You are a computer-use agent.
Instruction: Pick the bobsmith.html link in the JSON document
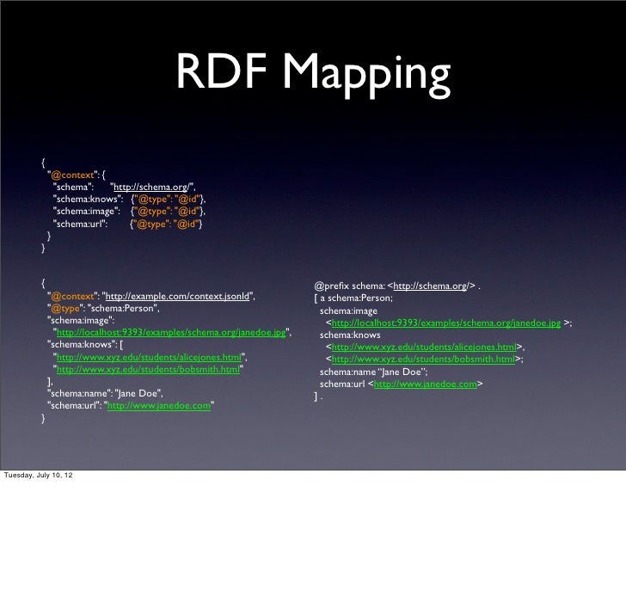pyautogui.click(x=147, y=369)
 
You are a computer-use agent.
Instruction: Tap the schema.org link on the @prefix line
pyautogui.click(x=429, y=286)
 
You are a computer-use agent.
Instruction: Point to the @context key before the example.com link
pyautogui.click(x=73, y=297)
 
